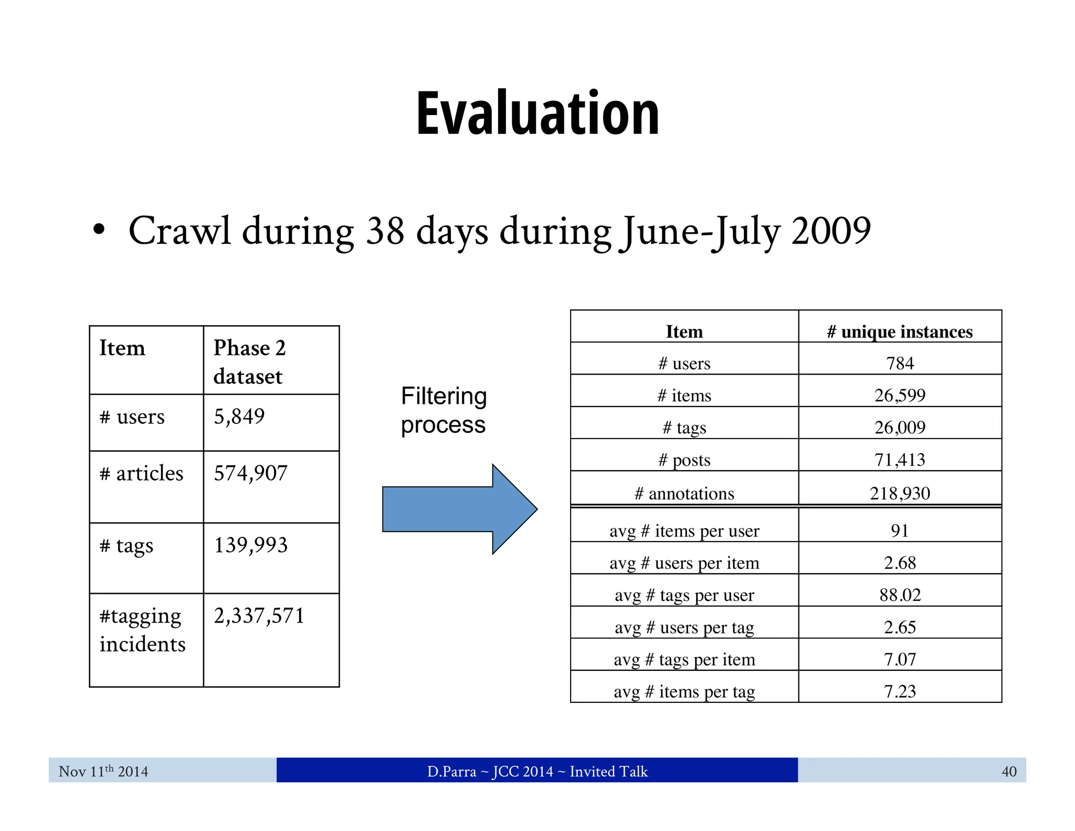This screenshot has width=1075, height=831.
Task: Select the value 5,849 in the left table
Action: point(239,417)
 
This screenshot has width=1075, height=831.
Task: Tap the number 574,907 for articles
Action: point(250,473)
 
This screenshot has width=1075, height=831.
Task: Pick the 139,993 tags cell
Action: point(250,545)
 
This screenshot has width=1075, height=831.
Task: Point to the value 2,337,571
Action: point(259,616)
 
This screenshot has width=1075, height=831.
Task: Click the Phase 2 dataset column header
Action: point(249,362)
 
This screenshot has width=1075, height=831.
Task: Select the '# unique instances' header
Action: point(900,332)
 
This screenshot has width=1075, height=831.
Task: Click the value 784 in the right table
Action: point(900,363)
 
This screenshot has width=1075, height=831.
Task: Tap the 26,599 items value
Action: point(900,396)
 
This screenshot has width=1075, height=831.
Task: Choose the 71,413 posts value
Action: point(900,460)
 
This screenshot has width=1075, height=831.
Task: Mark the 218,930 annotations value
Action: point(900,494)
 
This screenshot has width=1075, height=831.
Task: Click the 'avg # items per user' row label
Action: point(684,531)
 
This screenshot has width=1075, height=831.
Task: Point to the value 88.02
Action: point(900,595)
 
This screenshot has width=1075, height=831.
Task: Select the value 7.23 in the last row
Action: point(900,692)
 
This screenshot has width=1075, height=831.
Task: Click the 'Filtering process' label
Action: point(444,410)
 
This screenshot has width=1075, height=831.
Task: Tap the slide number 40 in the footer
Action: point(1008,772)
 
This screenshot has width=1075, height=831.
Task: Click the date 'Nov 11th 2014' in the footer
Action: point(103,771)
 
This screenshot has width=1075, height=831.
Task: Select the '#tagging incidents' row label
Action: point(142,630)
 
